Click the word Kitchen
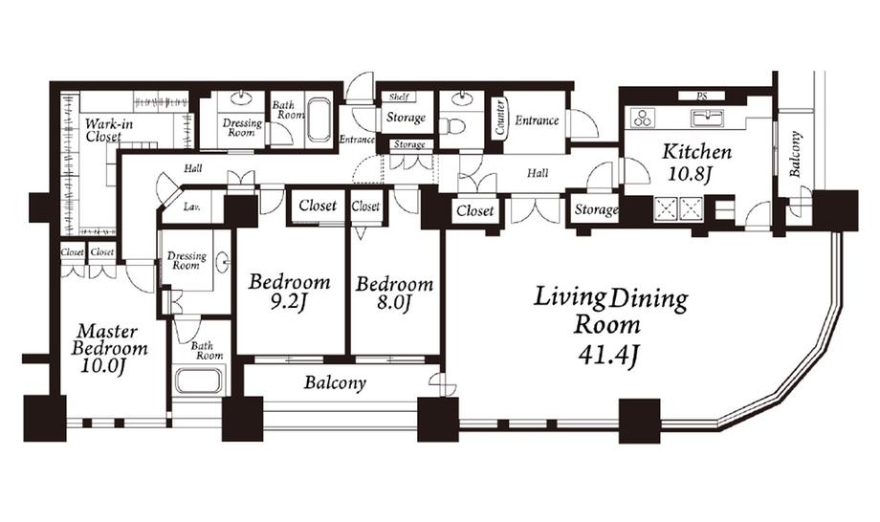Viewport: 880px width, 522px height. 697,152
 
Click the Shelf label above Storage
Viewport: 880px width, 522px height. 400,98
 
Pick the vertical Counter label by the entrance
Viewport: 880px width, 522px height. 499,120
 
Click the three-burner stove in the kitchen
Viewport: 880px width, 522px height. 642,119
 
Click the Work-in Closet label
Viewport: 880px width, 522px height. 102,130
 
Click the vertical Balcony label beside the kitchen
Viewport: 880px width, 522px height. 795,153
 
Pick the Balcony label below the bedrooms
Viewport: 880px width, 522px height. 335,383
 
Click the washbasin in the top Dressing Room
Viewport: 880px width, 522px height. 241,98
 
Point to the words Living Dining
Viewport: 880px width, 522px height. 610,298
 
